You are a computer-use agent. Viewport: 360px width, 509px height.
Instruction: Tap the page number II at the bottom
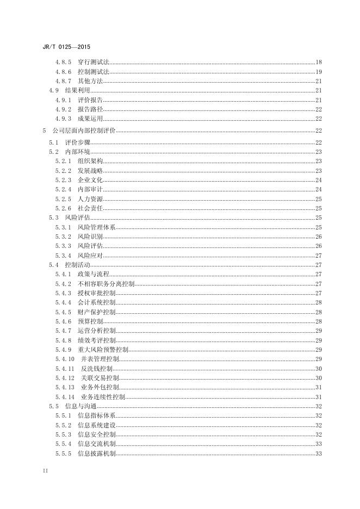tap(45, 470)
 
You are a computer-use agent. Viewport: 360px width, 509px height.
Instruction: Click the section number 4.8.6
tap(63, 72)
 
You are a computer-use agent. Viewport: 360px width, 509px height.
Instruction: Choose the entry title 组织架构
tap(90, 161)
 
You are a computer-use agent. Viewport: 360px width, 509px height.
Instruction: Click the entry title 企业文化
tap(90, 180)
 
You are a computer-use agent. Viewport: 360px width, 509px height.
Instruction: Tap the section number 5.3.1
tap(63, 227)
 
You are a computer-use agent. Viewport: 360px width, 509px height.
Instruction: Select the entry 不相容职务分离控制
tap(106, 283)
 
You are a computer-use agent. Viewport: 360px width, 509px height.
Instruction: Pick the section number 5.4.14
tap(65, 396)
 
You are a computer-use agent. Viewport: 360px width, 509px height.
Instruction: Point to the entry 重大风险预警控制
tap(103, 349)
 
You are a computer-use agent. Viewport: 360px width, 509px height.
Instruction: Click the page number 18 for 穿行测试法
tap(319, 62)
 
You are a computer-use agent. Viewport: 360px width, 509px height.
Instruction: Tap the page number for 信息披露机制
tap(319, 454)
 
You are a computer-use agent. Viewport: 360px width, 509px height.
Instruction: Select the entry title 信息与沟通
tap(80, 406)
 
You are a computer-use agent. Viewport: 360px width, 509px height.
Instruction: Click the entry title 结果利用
tap(77, 90)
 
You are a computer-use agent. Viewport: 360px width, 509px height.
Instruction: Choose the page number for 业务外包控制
tap(319, 387)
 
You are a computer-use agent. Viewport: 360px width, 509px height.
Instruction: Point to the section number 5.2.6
tap(63, 208)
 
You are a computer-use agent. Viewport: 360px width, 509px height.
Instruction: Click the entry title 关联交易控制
tap(100, 377)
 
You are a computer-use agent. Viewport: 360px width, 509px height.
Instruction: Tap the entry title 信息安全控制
tap(97, 434)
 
